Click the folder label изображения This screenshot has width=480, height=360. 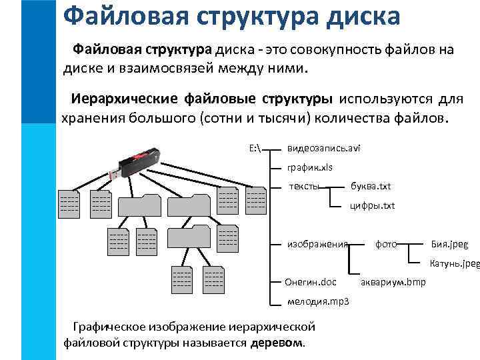click(x=317, y=244)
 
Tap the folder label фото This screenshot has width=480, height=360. click(x=386, y=244)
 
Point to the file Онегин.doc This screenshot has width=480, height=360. click(x=311, y=282)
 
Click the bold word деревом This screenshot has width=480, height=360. click(x=276, y=343)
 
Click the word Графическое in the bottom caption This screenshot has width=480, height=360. click(x=109, y=327)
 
